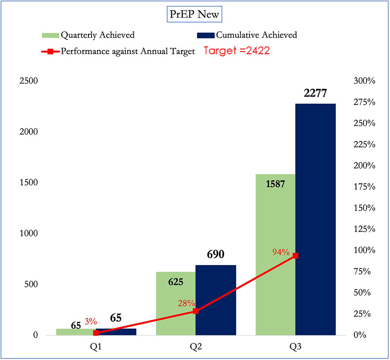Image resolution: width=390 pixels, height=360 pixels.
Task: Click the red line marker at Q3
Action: click(x=295, y=256)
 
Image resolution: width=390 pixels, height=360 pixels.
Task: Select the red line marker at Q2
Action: click(x=195, y=311)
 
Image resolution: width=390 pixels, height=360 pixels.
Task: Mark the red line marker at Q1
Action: click(x=96, y=333)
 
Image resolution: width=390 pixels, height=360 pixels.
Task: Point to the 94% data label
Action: click(x=280, y=252)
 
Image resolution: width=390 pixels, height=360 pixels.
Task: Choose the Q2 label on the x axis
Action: click(x=195, y=347)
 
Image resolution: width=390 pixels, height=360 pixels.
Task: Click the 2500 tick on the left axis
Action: click(x=29, y=81)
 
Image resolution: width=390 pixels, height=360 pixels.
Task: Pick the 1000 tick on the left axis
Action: click(x=29, y=233)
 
